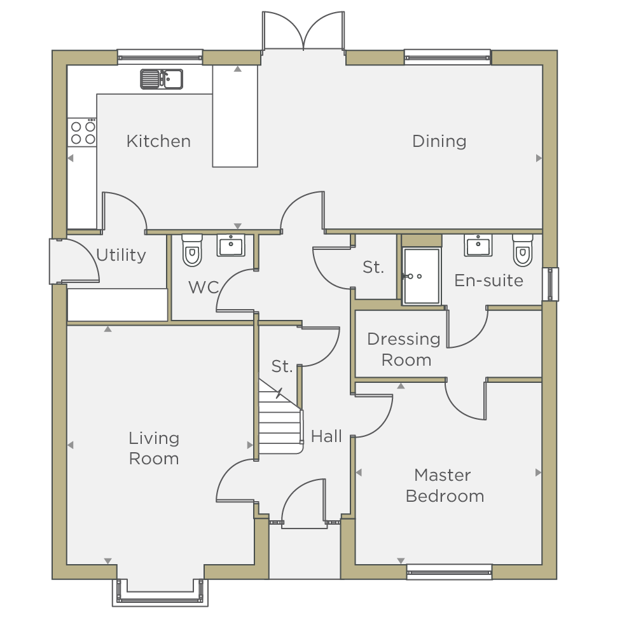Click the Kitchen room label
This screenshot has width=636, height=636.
tap(158, 141)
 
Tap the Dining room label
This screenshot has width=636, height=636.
tap(439, 142)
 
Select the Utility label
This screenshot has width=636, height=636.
tap(121, 256)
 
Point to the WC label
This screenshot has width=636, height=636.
tap(204, 287)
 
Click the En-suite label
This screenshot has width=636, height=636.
tap(488, 280)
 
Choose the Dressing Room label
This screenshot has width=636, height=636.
tap(404, 350)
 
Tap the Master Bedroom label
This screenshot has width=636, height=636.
tap(445, 485)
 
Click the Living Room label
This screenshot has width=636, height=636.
tap(154, 448)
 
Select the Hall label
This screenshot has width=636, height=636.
tap(326, 436)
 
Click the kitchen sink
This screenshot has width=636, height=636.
tap(162, 79)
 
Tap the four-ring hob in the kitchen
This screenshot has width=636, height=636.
tap(82, 132)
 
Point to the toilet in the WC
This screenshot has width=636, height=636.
tap(192, 250)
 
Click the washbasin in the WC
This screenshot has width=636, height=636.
tap(231, 245)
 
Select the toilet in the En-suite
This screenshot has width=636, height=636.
tap(523, 250)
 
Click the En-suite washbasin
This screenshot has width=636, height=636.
tap(478, 245)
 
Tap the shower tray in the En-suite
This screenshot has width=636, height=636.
tap(422, 276)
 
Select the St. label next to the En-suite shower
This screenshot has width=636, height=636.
tap(373, 267)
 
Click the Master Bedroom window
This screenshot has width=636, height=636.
tap(449, 572)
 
